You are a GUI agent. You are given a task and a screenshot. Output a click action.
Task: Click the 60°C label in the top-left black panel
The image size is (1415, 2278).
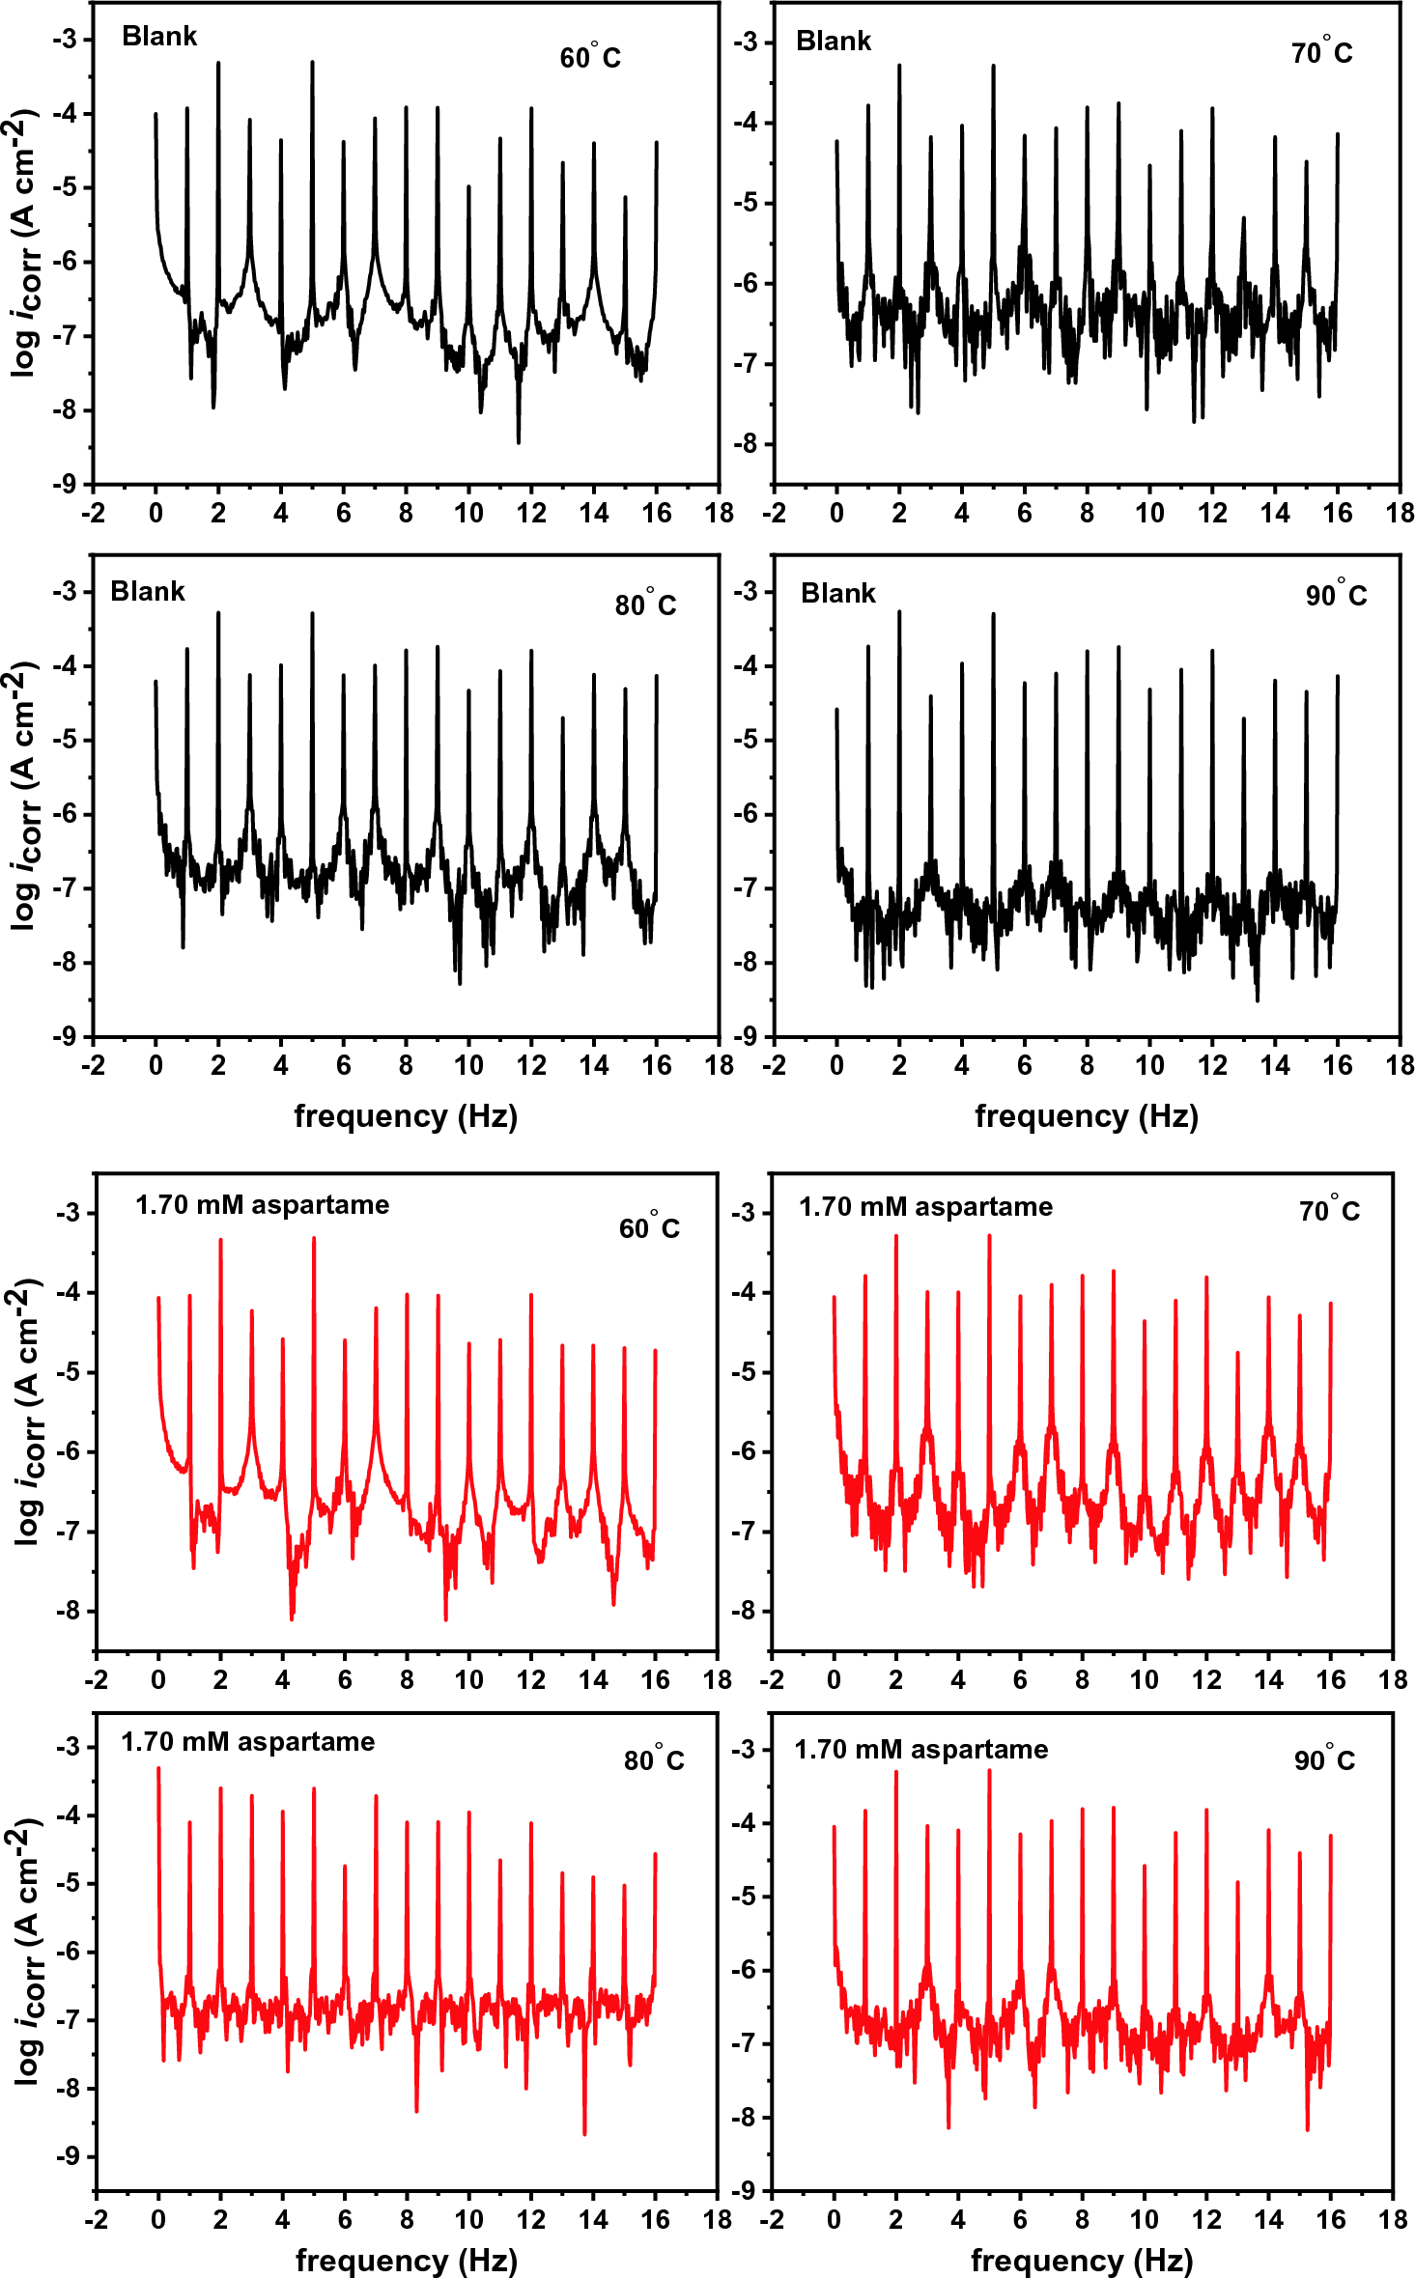[590, 58]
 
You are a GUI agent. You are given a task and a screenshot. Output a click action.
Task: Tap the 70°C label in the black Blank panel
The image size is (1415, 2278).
[1321, 52]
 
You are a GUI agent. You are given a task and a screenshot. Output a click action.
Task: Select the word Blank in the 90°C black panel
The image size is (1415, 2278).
[837, 593]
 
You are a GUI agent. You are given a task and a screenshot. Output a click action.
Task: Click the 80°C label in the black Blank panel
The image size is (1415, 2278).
[645, 605]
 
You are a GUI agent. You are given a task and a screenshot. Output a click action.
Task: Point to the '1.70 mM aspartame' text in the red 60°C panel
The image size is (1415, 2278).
[262, 1205]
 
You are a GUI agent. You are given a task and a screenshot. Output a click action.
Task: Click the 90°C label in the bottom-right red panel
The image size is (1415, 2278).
[1324, 1760]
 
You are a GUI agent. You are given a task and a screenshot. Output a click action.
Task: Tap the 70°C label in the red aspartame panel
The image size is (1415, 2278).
[1329, 1211]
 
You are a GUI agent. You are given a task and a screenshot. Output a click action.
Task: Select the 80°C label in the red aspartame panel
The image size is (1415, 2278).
[654, 1760]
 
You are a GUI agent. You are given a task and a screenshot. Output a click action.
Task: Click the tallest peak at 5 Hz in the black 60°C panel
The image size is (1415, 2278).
[312, 64]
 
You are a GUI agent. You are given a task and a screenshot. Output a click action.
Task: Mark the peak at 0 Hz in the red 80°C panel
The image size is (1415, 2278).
[158, 1769]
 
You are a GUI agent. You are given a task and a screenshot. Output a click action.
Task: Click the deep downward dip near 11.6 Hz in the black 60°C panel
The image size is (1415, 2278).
[519, 440]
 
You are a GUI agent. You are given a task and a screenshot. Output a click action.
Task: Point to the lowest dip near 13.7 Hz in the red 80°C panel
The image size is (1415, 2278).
[584, 2132]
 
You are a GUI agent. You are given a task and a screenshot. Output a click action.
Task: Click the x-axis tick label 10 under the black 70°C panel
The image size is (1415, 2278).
[1149, 514]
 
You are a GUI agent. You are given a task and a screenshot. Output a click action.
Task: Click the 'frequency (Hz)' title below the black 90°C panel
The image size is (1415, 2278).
[1087, 1116]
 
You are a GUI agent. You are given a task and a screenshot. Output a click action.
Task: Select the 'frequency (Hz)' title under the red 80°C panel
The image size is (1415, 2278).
[407, 2261]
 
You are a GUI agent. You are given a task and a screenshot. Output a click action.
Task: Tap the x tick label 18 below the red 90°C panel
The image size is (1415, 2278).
[1393, 2219]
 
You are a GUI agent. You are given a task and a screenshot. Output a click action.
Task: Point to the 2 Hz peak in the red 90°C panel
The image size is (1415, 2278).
[895, 1773]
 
